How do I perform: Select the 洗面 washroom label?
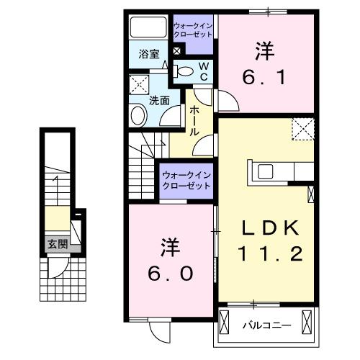tap(159, 101)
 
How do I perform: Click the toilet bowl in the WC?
tap(184, 71)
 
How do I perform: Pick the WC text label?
tap(204, 71)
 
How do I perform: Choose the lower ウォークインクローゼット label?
tap(186, 180)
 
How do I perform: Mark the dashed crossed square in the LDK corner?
tap(303, 129)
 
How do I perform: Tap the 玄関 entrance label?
tap(58, 244)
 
